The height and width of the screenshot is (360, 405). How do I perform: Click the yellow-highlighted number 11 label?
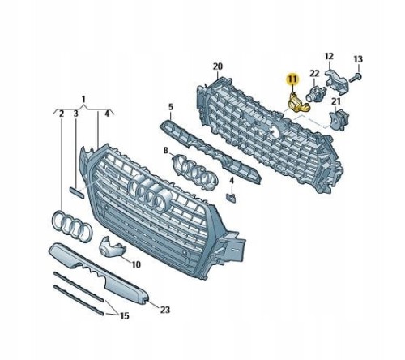[x=292, y=79]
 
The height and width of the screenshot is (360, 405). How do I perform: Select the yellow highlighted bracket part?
[x=297, y=103]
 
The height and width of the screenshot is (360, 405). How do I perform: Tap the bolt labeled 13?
[x=356, y=78]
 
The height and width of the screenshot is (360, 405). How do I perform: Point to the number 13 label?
[x=358, y=59]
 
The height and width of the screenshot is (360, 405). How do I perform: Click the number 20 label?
[x=218, y=66]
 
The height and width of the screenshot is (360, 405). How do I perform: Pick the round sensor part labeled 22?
[x=313, y=93]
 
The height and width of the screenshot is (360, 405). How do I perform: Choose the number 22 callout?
[x=314, y=73]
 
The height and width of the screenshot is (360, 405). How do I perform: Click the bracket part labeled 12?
[x=336, y=80]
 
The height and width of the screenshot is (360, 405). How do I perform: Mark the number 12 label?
[x=329, y=56]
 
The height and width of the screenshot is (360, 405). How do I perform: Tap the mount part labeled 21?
[x=339, y=119]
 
